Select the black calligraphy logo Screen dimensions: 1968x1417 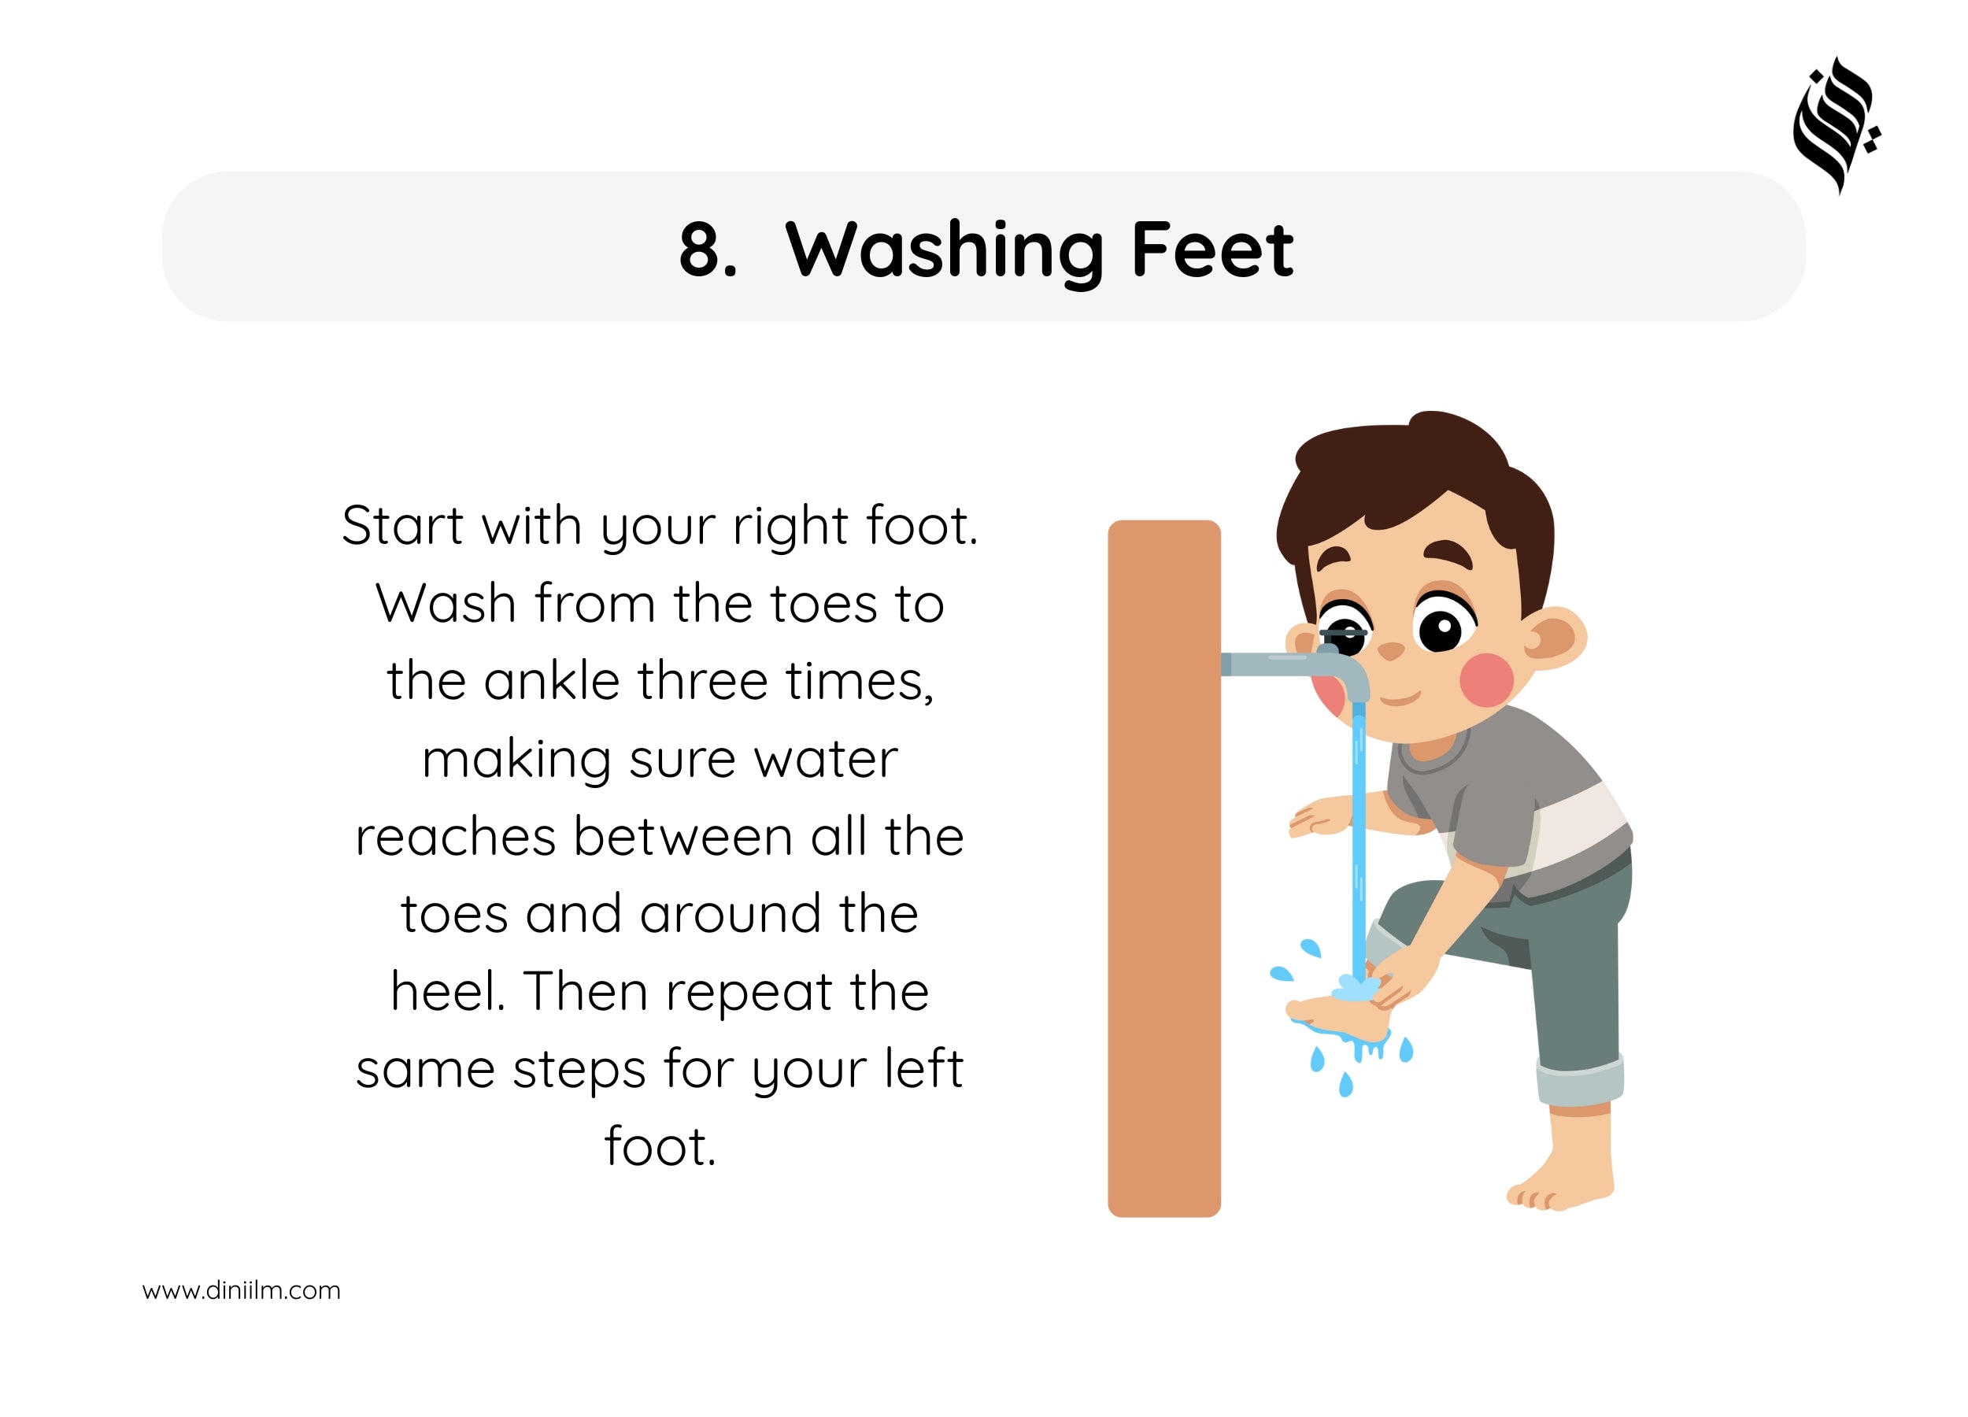[x=1836, y=127]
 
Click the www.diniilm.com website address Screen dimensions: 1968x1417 [x=241, y=1290]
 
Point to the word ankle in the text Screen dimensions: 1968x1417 [x=552, y=680]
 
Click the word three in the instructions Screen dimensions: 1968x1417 [x=703, y=680]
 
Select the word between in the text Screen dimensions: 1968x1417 [x=683, y=837]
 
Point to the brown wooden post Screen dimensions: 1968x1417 [x=1163, y=868]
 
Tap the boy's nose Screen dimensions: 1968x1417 [x=1390, y=651]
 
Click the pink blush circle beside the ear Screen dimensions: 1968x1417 [x=1486, y=679]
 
